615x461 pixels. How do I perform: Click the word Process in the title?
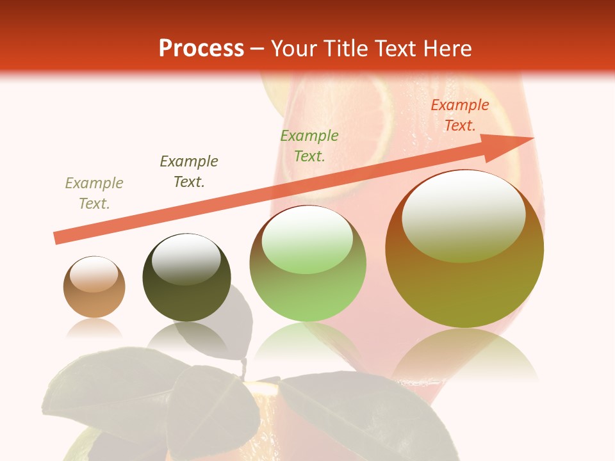tap(201, 49)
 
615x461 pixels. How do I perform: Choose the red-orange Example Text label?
tap(460, 115)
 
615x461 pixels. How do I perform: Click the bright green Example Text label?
tap(309, 145)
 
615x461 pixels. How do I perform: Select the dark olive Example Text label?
tap(189, 171)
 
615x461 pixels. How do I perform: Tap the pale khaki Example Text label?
tap(94, 193)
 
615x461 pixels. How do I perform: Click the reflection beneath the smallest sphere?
tap(95, 328)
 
